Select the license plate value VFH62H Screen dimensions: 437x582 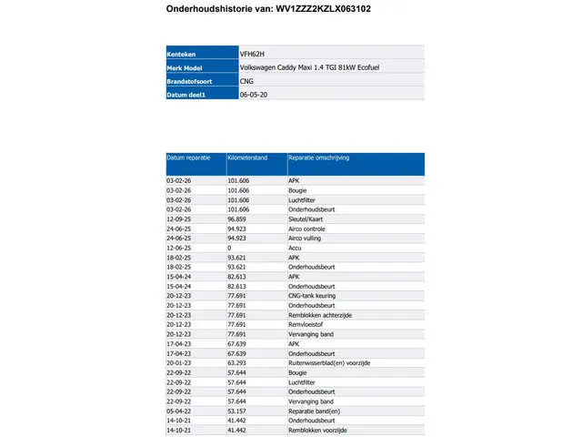(252, 54)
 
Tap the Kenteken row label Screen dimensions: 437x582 (182, 54)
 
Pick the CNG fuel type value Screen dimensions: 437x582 (246, 81)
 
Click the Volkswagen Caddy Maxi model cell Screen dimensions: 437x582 (312, 67)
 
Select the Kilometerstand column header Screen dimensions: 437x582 (247, 158)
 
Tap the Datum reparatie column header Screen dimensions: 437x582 (188, 158)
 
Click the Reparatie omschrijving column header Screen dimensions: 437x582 (319, 158)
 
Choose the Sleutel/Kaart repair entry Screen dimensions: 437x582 (306, 219)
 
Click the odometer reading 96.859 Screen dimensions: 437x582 (237, 219)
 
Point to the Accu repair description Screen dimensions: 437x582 (295, 248)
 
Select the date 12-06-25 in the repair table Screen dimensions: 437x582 (178, 248)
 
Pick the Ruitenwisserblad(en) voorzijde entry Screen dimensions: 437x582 (328, 362)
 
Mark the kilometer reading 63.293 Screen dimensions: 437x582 (237, 362)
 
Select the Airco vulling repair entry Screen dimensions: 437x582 (306, 238)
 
